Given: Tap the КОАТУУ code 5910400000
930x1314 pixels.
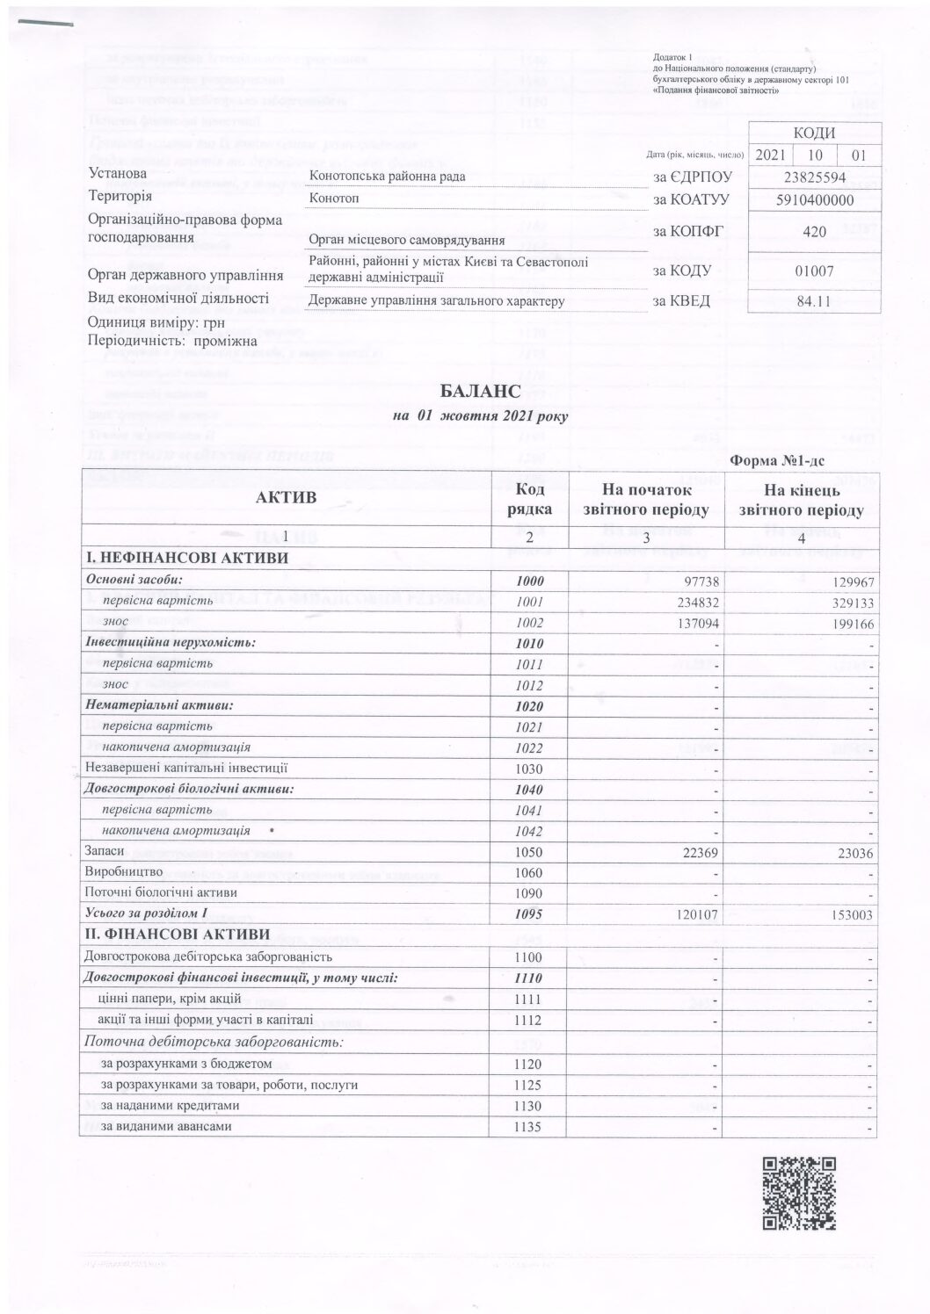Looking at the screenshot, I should click(x=815, y=199).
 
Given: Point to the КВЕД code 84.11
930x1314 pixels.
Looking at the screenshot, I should click(x=815, y=302).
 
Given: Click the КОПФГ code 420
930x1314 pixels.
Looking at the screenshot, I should click(x=815, y=232).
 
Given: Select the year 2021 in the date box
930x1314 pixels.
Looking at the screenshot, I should click(x=768, y=155).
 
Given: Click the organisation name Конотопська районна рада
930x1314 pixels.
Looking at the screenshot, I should click(x=388, y=177).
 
